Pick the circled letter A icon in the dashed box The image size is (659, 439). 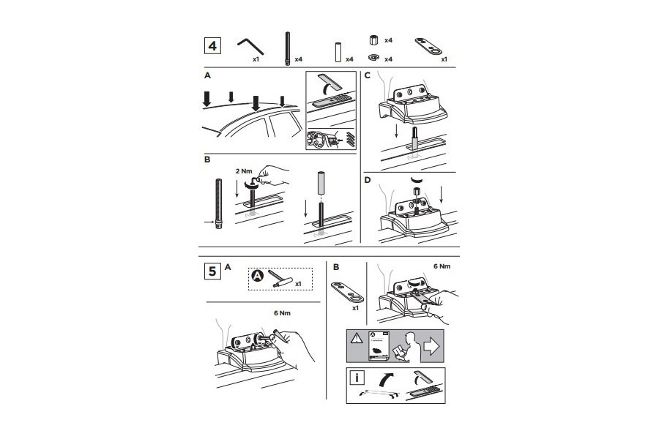click(x=258, y=276)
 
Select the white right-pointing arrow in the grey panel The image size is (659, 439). click(x=431, y=346)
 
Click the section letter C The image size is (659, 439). click(x=368, y=76)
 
